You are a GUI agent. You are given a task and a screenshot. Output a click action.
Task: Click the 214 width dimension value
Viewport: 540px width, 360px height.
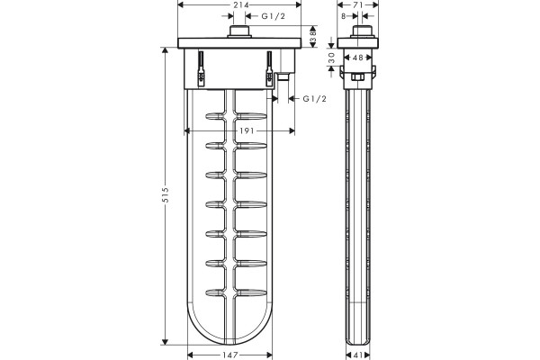241,4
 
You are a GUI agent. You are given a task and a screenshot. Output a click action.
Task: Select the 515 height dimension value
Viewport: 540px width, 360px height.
166,195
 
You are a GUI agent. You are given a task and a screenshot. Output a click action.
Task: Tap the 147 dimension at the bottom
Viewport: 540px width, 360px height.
230,355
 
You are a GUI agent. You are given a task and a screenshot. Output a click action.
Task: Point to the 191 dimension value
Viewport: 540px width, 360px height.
247,130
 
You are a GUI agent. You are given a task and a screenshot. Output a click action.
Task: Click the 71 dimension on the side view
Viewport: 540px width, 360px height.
358,4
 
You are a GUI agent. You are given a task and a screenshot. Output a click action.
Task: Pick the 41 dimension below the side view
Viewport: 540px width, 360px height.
357,355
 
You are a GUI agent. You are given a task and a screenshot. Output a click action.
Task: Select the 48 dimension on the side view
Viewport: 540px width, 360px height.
358,58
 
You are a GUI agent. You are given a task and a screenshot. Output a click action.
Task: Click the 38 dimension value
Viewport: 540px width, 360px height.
313,36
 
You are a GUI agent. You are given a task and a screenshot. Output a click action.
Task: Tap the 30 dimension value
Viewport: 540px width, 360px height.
331,58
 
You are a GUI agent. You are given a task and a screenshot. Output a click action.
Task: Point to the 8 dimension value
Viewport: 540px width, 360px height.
344,16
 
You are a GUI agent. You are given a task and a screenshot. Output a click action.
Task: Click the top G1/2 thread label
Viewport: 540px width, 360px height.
274,16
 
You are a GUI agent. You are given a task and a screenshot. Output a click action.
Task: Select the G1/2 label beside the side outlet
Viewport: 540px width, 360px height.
314,99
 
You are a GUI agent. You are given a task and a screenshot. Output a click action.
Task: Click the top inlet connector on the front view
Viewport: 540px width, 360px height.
239,31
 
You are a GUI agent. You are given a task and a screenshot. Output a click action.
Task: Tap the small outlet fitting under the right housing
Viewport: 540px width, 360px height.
283,76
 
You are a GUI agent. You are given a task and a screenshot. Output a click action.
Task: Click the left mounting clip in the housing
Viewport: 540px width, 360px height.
201,68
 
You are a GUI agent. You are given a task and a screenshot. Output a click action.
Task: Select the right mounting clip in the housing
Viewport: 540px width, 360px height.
269,68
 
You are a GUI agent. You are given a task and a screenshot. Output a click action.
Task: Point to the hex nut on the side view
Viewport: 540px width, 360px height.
357,76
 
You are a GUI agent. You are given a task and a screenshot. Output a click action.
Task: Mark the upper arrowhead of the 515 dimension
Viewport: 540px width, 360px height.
165,51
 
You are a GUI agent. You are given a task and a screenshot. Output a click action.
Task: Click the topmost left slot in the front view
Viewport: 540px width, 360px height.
215,116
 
